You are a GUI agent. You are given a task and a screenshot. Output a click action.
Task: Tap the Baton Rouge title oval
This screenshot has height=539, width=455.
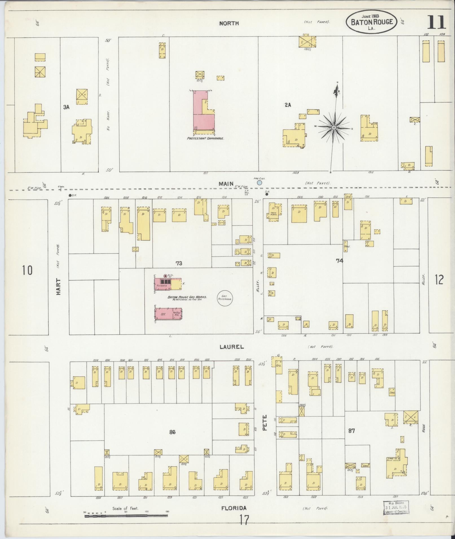pyautogui.click(x=372, y=22)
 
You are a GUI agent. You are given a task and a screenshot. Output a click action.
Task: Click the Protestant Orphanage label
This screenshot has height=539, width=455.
pyautogui.click(x=206, y=139)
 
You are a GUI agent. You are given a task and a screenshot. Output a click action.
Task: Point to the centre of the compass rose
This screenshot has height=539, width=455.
pyautogui.click(x=334, y=128)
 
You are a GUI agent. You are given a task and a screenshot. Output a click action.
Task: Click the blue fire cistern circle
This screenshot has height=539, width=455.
pyautogui.click(x=259, y=183)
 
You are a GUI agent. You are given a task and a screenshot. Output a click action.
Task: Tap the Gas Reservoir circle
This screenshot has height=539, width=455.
pyautogui.click(x=225, y=298)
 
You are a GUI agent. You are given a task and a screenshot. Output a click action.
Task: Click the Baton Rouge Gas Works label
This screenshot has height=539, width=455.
pyautogui.click(x=187, y=297)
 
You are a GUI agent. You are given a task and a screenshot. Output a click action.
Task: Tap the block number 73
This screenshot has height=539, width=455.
pyautogui.click(x=179, y=263)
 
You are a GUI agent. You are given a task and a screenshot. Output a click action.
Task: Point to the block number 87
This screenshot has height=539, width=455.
pyautogui.click(x=351, y=431)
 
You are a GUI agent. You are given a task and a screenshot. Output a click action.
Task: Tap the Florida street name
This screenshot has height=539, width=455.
pyautogui.click(x=234, y=508)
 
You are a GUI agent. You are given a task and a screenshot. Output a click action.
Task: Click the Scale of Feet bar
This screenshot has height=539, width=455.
pyautogui.click(x=126, y=516)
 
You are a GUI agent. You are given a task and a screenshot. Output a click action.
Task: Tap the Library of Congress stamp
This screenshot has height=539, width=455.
pyautogui.click(x=395, y=508)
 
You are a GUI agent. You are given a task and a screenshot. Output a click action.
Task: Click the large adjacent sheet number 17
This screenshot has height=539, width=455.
pyautogui.click(x=244, y=520)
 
